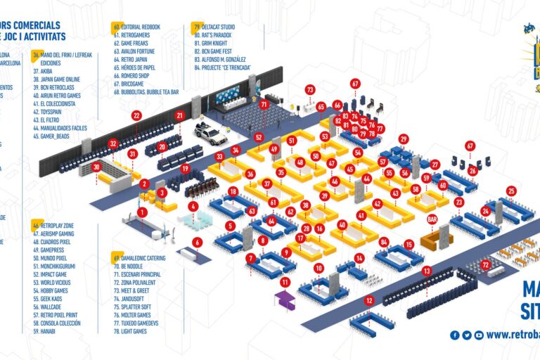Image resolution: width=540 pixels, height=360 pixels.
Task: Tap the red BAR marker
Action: pyautogui.click(x=432, y=219)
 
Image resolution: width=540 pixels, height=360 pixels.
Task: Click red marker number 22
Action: pyautogui.click(x=136, y=115)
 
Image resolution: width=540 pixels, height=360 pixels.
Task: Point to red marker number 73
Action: pyautogui.click(x=310, y=89)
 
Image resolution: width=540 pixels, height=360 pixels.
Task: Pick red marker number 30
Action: pyautogui.click(x=96, y=167)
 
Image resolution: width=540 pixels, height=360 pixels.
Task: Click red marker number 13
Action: pyautogui.click(x=427, y=271)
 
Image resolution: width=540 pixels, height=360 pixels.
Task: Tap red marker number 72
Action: pyautogui.click(x=486, y=264)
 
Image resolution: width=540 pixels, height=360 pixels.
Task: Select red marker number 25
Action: pyautogui.click(x=511, y=191)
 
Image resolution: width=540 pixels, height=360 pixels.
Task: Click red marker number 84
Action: pyautogui.click(x=383, y=243)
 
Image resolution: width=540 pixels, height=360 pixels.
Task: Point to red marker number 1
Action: pyautogui.click(x=142, y=212)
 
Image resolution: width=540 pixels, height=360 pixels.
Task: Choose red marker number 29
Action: pyautogui.click(x=403, y=139)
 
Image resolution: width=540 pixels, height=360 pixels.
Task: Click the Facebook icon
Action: pyautogui.click(x=455, y=335)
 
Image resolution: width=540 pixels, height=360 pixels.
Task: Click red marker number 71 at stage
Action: pyautogui.click(x=264, y=104)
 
